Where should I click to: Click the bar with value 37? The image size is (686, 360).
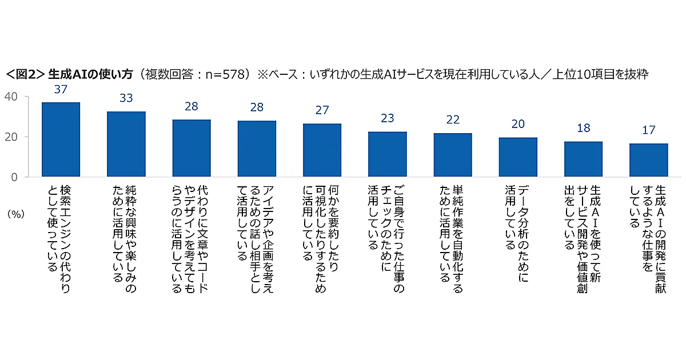61,139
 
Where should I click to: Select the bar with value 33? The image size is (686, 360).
126,144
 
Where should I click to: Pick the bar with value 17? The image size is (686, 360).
648,160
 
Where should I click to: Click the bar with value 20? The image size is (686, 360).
518,157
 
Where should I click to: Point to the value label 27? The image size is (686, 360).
322,110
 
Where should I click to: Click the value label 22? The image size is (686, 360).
453,119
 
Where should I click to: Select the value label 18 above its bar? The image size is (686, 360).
583,128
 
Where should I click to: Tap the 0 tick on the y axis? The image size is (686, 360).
17,177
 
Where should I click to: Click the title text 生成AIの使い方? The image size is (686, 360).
91,74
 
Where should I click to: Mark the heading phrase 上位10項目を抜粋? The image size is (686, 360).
600,74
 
